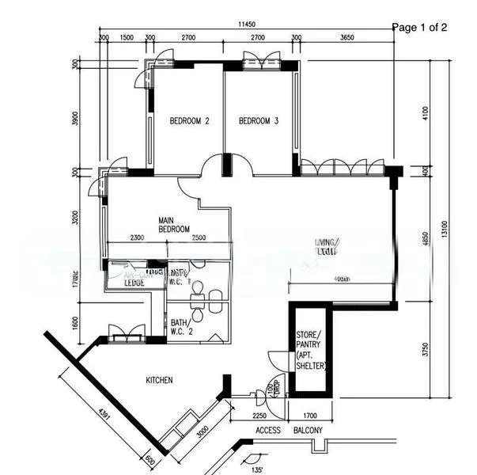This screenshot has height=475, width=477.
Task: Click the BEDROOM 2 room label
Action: (x=190, y=122)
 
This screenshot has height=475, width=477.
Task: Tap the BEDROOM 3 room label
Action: (x=259, y=122)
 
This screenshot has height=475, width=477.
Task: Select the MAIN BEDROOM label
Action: (x=175, y=225)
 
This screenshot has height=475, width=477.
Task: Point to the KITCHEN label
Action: (x=159, y=381)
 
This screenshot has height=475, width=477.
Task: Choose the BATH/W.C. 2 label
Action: (x=180, y=327)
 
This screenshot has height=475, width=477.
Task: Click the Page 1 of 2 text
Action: (x=419, y=28)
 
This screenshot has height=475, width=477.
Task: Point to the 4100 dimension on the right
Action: (x=425, y=113)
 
